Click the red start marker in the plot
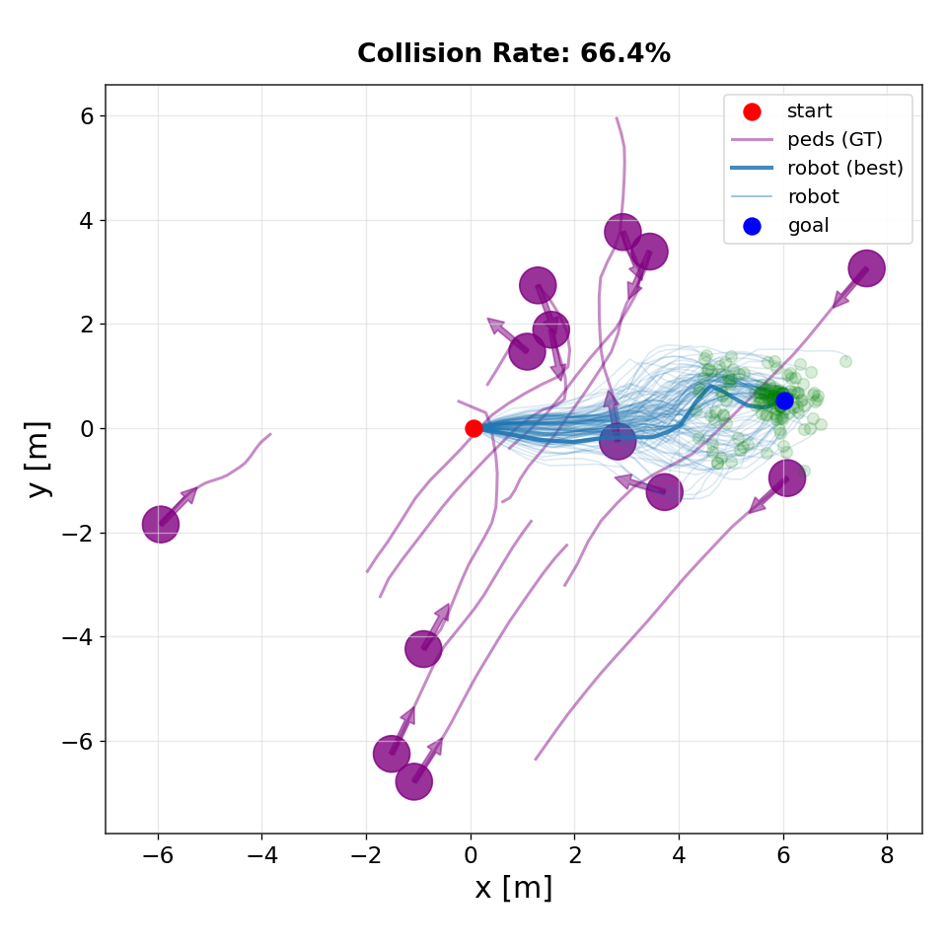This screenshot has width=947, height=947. click(473, 428)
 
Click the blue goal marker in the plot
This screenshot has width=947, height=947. click(784, 401)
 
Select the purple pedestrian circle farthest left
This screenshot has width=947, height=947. click(160, 524)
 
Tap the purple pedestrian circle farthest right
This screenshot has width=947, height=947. click(866, 268)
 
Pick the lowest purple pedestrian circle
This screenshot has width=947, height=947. click(414, 781)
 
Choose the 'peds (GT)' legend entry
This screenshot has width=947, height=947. click(835, 139)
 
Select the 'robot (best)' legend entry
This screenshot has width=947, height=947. click(844, 168)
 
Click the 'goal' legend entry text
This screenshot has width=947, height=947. click(808, 226)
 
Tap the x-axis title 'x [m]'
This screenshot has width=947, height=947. click(513, 888)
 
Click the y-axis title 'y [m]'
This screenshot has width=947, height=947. click(39, 459)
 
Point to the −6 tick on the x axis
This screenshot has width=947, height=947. click(158, 855)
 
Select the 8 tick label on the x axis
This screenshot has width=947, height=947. click(887, 855)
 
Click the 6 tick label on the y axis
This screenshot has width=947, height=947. click(87, 115)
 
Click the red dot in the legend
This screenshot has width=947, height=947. click(752, 111)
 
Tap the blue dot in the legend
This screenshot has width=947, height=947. click(752, 226)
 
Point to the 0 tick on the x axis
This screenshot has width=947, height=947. click(471, 855)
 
